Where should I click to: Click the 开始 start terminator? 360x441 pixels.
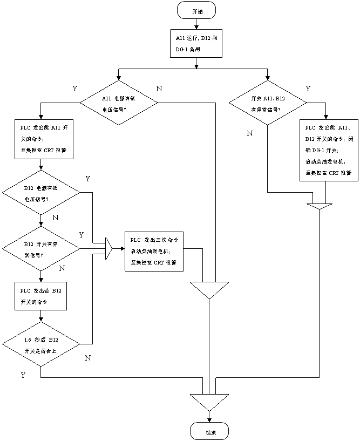[196, 10]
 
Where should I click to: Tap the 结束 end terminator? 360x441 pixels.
[209, 431]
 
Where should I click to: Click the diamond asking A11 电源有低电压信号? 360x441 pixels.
[119, 103]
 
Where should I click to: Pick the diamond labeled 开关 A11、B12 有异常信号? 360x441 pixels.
[268, 103]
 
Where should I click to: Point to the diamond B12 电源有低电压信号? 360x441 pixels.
[41, 193]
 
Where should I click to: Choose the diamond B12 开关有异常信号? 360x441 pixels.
[41, 249]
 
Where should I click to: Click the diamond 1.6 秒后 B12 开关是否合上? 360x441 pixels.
[41, 344]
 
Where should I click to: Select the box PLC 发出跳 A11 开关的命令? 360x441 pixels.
[44, 139]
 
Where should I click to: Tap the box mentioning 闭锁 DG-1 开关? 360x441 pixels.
[329, 150]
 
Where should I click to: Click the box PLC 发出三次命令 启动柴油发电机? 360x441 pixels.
[154, 252]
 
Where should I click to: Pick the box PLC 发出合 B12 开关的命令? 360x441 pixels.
[41, 295]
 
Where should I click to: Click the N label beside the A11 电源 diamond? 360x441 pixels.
[160, 88]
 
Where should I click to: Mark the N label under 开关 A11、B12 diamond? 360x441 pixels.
[251, 133]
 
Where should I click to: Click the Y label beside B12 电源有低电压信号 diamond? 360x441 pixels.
[90, 178]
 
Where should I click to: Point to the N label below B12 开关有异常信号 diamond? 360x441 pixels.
[64, 268]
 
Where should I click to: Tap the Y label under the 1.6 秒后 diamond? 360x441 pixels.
[24, 375]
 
